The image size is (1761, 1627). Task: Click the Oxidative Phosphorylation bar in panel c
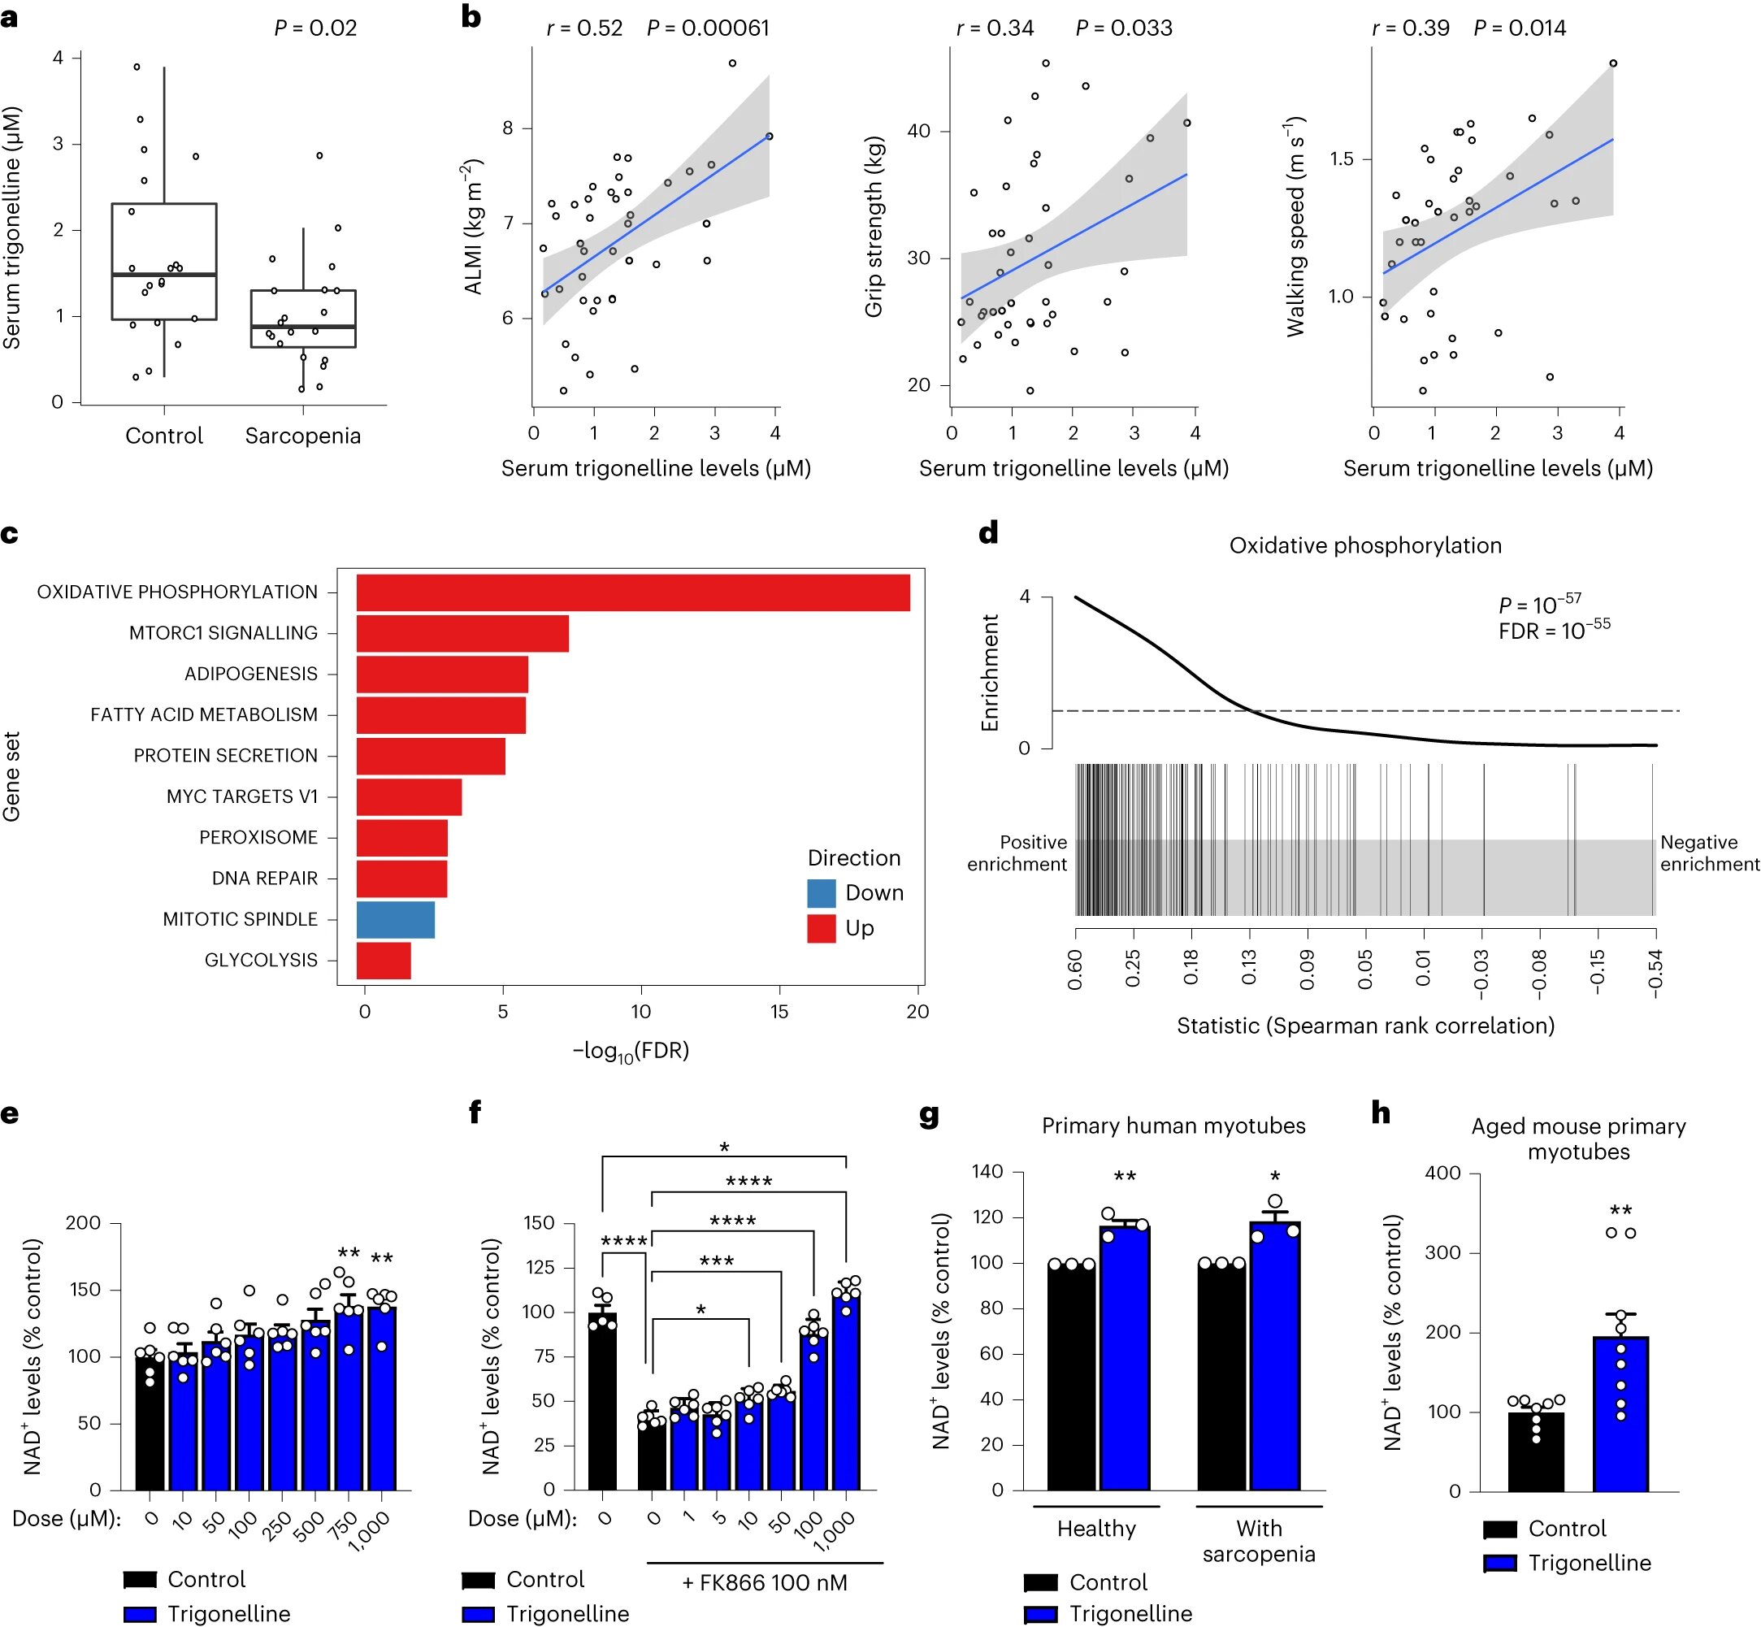[x=632, y=592]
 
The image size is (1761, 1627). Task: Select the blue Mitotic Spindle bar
[x=395, y=919]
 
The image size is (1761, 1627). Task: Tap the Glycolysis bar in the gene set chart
[x=383, y=960]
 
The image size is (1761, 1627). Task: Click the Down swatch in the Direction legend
[x=821, y=892]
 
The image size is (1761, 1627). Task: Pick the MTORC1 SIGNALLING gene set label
[x=223, y=633]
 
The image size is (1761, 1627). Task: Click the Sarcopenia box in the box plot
[x=303, y=319]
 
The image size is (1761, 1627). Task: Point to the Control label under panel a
[x=164, y=436]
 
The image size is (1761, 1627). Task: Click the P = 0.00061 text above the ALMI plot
[x=707, y=28]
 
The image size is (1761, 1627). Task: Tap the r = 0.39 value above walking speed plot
[x=1411, y=28]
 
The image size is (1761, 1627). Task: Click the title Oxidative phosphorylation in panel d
[x=1364, y=546]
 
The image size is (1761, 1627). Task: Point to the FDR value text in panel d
[x=1554, y=631]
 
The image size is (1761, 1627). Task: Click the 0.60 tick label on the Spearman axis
[x=1075, y=970]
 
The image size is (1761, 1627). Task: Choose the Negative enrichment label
[x=1708, y=853]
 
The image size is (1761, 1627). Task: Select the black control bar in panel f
[x=602, y=1402]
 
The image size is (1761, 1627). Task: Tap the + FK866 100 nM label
[x=764, y=1583]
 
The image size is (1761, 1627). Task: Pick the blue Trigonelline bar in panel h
[x=1620, y=1414]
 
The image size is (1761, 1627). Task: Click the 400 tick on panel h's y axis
[x=1442, y=1173]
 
